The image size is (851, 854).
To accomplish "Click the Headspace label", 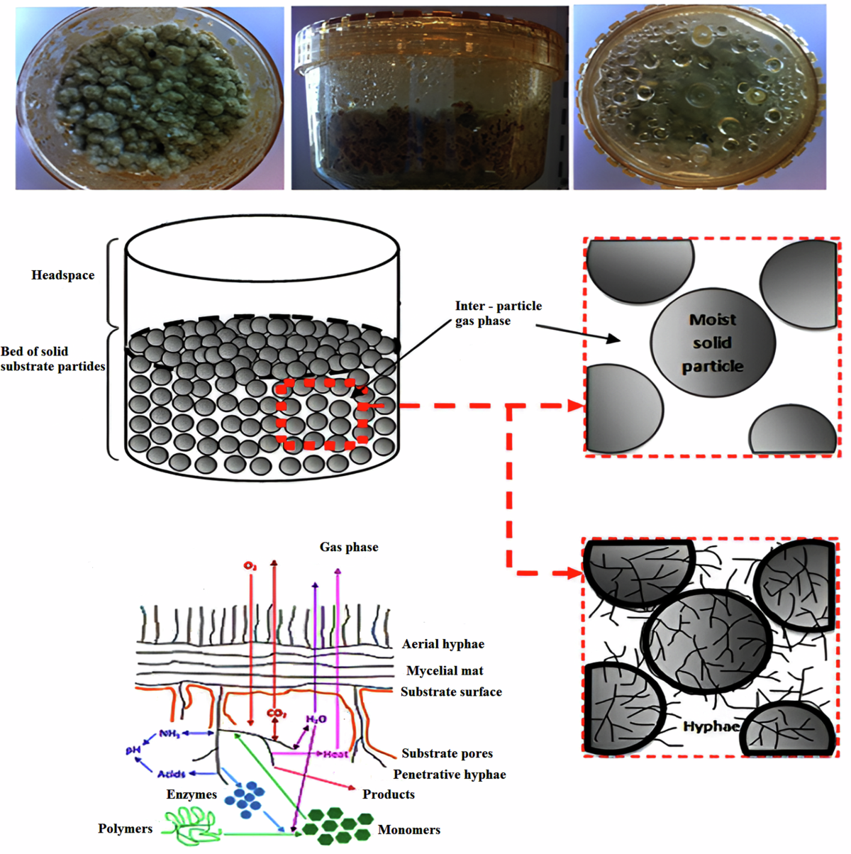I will [x=62, y=275].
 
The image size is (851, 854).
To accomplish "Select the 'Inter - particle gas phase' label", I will [x=498, y=313].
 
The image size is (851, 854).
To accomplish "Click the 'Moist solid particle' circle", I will [x=713, y=343].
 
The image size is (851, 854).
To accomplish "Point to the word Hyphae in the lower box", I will [x=711, y=726].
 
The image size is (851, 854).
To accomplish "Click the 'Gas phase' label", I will [x=349, y=547].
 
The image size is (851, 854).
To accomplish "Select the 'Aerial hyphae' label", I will [x=443, y=644].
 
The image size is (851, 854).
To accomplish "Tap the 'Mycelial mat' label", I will [x=445, y=670].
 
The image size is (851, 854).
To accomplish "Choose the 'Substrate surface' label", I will [x=451, y=692].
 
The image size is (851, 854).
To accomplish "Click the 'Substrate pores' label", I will [x=447, y=753].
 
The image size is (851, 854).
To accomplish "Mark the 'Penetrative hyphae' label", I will [x=450, y=775].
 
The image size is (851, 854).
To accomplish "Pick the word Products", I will [x=389, y=794].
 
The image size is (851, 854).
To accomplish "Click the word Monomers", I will [x=409, y=830].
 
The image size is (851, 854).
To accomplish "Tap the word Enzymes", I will [x=191, y=794].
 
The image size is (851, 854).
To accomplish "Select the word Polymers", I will [x=126, y=828].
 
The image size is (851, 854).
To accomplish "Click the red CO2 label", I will [x=276, y=713].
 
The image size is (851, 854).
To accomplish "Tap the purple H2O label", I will [x=316, y=719].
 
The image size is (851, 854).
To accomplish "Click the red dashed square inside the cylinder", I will [x=323, y=414].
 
